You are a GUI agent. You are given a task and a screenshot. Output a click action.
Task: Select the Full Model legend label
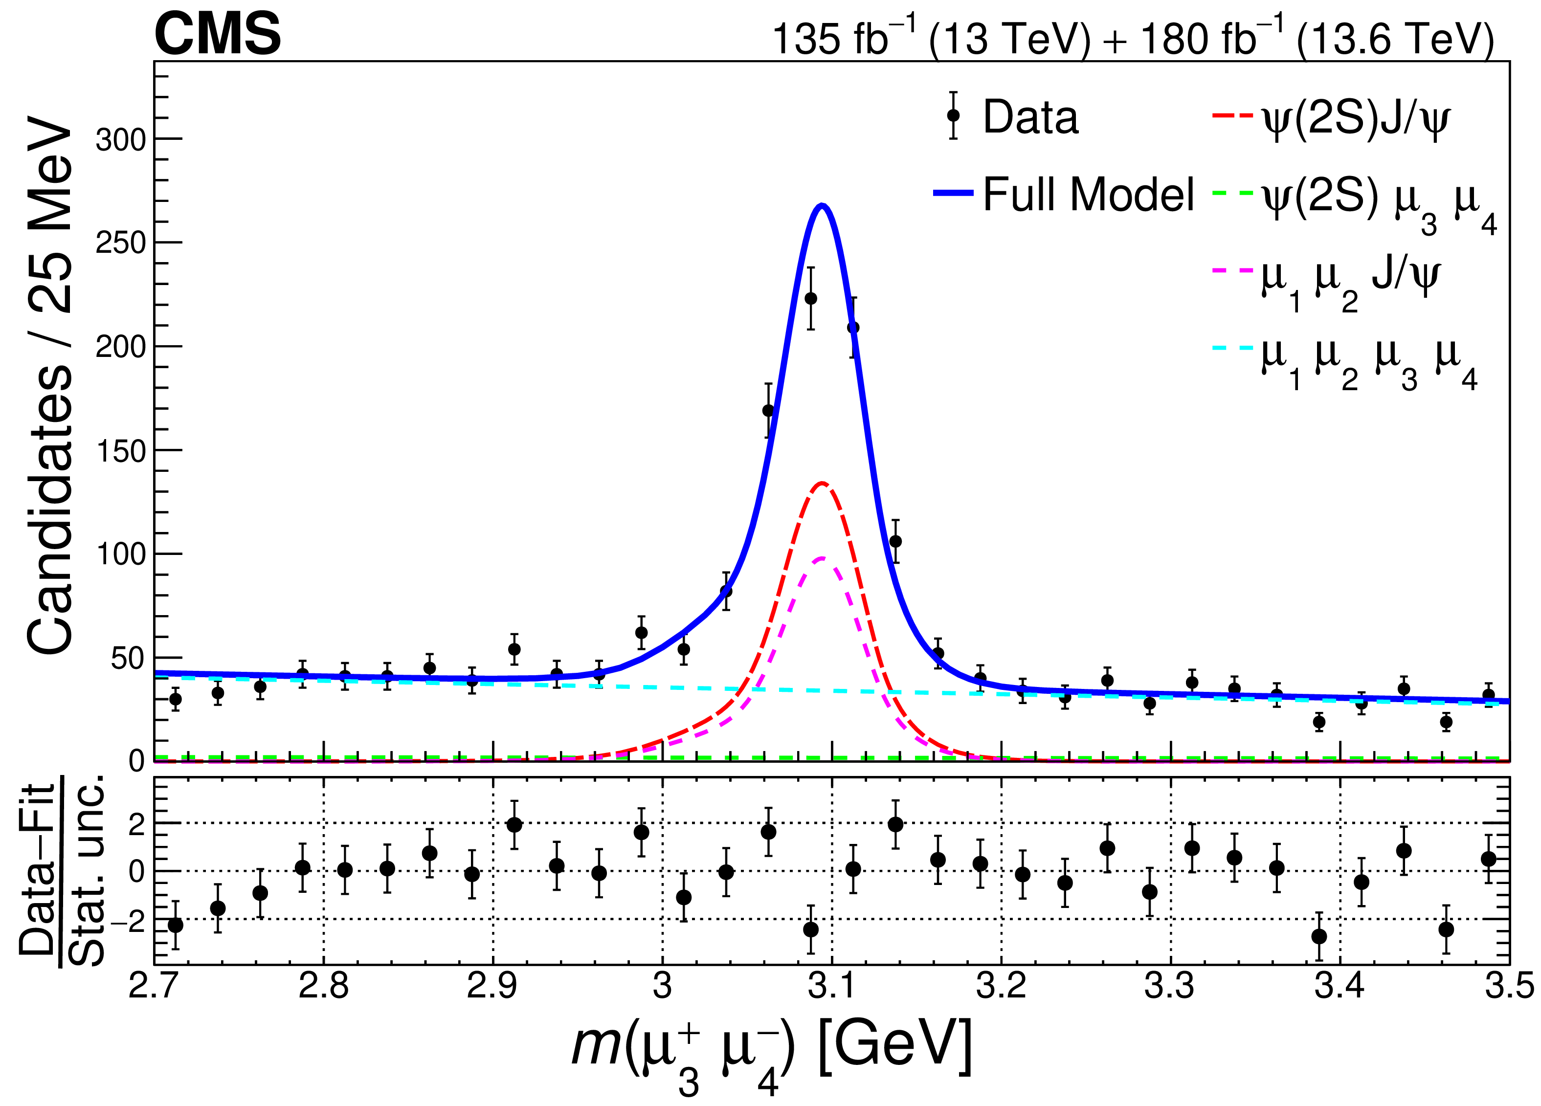click(1088, 194)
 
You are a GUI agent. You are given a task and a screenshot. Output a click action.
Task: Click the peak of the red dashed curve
click(822, 483)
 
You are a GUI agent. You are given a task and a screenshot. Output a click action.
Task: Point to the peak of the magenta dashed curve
click(822, 558)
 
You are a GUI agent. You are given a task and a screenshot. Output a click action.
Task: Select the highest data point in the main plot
click(810, 298)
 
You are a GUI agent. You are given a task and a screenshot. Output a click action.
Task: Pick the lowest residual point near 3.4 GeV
click(1319, 936)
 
